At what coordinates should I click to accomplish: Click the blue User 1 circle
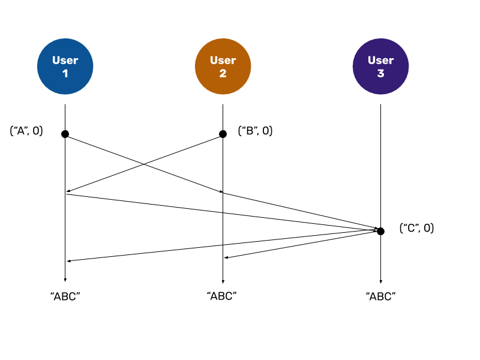65,67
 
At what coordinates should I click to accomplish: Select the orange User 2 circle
223,67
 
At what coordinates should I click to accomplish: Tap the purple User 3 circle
381,67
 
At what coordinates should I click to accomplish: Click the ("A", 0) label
26,131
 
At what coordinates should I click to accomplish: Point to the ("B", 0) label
256,131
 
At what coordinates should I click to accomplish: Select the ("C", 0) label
416,228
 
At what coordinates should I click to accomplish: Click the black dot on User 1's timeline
65,134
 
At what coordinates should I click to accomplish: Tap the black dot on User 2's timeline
223,134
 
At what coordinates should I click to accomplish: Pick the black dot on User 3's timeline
380,232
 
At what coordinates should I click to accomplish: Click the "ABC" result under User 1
65,296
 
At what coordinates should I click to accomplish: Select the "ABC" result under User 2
221,296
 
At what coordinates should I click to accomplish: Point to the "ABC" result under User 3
381,296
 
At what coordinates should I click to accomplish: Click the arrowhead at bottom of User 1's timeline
65,280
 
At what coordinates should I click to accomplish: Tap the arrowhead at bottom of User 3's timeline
381,281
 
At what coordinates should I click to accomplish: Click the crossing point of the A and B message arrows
144,164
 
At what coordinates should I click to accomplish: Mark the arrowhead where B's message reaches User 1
68,191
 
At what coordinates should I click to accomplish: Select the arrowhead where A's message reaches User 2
221,191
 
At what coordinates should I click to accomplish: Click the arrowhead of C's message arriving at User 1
69,261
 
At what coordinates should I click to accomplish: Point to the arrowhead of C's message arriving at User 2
226,257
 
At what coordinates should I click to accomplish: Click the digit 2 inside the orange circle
223,73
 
